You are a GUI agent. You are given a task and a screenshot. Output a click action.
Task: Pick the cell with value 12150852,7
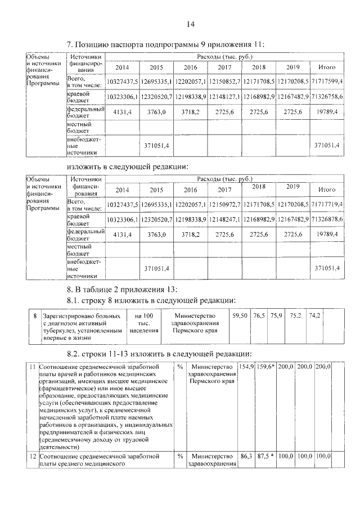225,82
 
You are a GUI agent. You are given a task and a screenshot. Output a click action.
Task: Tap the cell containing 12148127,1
225,97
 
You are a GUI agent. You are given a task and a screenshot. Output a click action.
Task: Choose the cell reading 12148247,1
225,218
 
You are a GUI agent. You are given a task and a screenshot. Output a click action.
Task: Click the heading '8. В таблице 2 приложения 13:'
121,289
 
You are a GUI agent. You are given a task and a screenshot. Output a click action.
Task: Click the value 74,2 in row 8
314,317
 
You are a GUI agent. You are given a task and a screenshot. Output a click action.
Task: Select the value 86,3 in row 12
246,456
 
